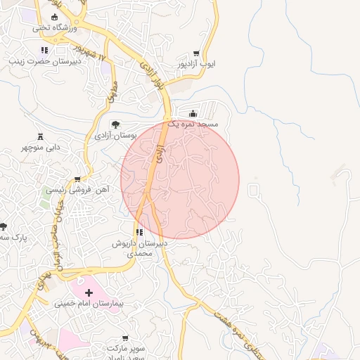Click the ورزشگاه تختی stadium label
[51, 27]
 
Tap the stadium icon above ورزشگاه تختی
[55, 17]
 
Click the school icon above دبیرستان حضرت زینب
[45, 51]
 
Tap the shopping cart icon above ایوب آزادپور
[195, 53]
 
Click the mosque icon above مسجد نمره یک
[193, 113]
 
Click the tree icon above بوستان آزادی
[116, 124]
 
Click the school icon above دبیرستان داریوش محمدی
[140, 232]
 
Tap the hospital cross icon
[89, 292]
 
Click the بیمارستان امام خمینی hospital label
[89, 304]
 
